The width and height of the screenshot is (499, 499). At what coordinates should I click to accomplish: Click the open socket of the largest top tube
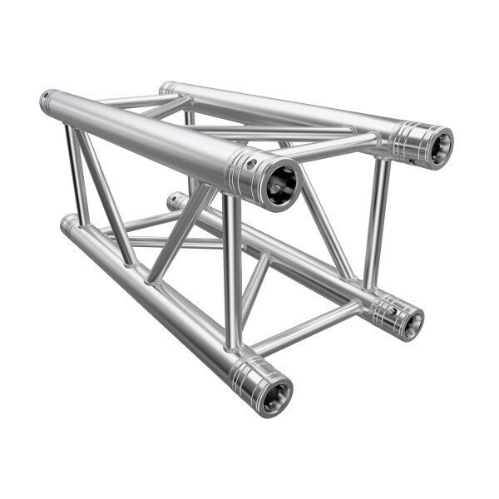280,180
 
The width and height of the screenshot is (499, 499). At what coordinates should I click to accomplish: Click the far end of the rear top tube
167,87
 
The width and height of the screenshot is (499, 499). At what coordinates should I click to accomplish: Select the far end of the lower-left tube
67,224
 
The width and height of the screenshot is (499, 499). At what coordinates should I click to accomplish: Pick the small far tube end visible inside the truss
174,200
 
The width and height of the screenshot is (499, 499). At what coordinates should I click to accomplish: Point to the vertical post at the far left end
78,175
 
